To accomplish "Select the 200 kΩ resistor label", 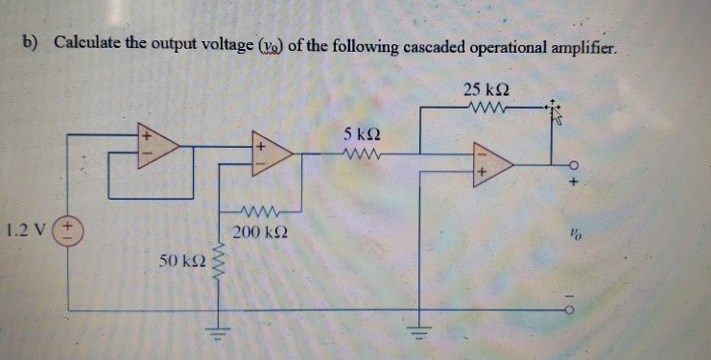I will [256, 233].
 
